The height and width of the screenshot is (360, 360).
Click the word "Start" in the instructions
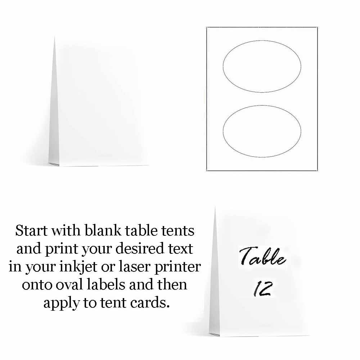31,230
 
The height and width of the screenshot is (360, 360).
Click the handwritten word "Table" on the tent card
262,257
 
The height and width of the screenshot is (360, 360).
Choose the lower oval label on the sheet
262,131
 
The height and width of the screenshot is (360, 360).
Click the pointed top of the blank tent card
54,37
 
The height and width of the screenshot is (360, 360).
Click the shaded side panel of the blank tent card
54,119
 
